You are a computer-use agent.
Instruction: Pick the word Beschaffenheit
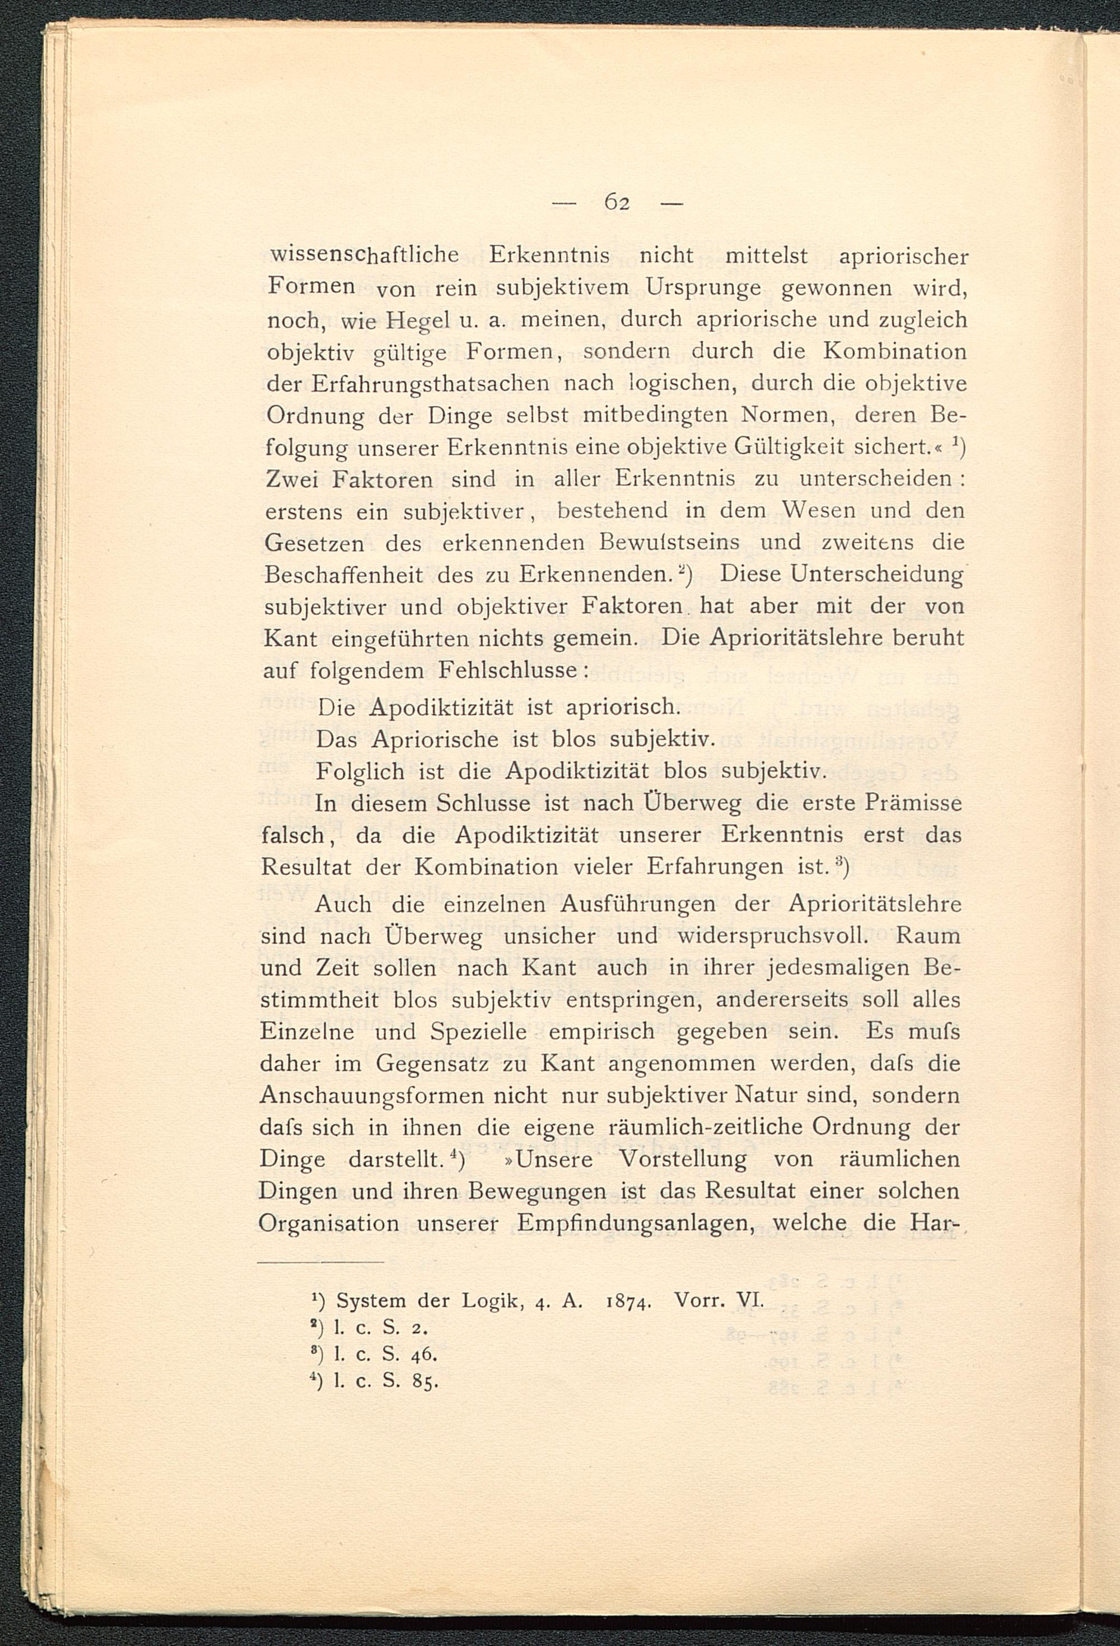click(x=343, y=575)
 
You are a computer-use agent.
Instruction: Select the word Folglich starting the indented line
click(x=361, y=771)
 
